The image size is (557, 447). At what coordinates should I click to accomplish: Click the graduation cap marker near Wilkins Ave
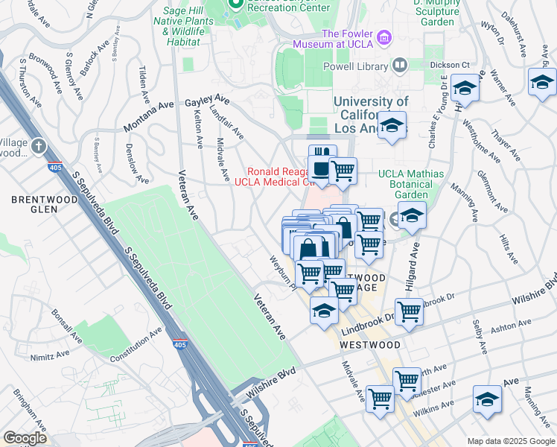pos(487,399)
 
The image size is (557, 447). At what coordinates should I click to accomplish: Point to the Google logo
pos(25,437)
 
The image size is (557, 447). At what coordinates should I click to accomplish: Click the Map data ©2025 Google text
pos(510,441)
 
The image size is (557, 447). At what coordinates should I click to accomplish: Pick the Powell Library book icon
pos(399,66)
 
